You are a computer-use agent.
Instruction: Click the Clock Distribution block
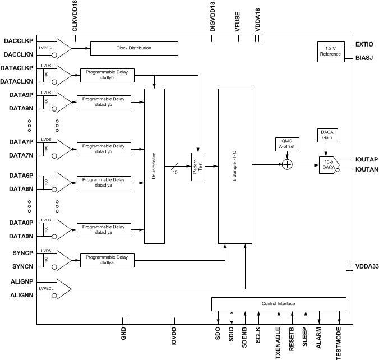(133, 48)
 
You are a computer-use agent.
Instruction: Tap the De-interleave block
(154, 165)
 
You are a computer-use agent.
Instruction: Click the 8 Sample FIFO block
(234, 165)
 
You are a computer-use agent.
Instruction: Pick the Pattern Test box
(198, 167)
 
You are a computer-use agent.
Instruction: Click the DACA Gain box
(326, 135)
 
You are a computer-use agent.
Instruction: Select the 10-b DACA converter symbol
(328, 165)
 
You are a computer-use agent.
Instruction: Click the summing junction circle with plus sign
(287, 165)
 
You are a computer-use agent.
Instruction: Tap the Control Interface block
(278, 304)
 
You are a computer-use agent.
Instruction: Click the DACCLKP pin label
(18, 41)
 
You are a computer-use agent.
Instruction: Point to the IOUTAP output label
(366, 159)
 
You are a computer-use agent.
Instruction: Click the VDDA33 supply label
(366, 268)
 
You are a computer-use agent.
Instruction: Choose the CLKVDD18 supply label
(75, 17)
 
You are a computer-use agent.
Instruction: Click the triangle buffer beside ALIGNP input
(64, 288)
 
